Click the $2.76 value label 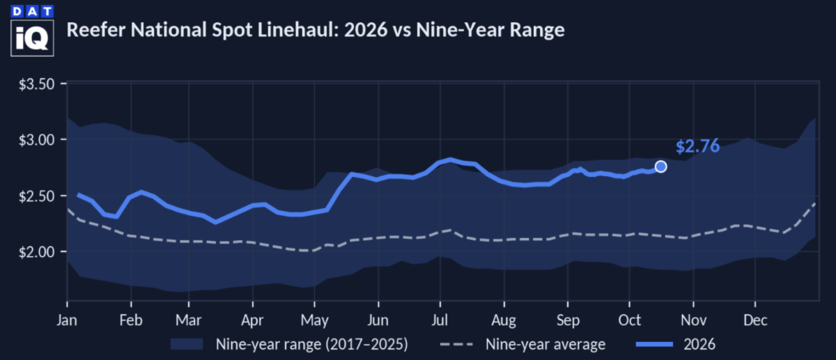click(697, 146)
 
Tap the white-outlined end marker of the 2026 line click(660, 166)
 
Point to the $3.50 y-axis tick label click(36, 84)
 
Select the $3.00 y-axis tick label click(36, 140)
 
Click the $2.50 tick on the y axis click(36, 196)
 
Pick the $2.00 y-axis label click(36, 252)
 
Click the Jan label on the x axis click(67, 320)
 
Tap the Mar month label click(189, 320)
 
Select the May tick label click(315, 320)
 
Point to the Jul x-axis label click(440, 320)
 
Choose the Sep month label click(568, 320)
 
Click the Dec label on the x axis click(755, 320)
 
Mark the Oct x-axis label click(629, 320)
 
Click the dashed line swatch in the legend click(456, 344)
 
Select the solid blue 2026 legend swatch click(654, 344)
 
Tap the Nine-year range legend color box click(187, 344)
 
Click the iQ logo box click(32, 38)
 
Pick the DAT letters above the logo click(32, 12)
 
